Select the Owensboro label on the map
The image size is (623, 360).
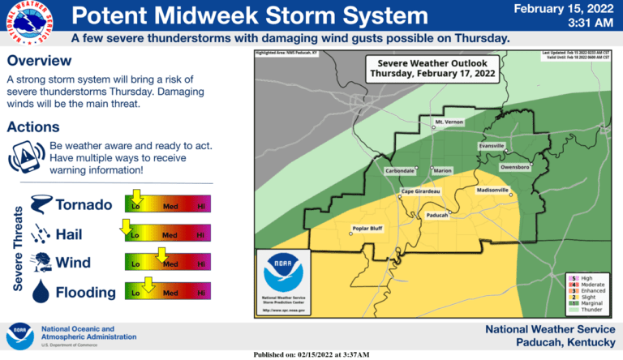(514, 166)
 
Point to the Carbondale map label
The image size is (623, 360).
(400, 171)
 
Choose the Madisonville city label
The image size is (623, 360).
(492, 191)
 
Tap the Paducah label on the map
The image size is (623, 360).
(437, 215)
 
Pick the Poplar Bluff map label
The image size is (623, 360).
(365, 228)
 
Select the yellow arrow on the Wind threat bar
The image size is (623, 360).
(161, 254)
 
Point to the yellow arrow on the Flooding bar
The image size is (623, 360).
(148, 283)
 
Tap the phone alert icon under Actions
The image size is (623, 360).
(26, 156)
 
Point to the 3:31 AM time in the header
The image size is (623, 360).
(584, 24)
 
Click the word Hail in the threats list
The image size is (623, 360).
(69, 234)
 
